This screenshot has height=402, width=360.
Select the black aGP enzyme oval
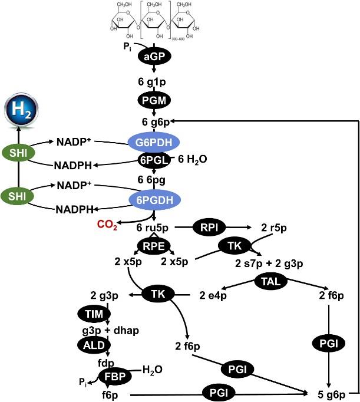pyautogui.click(x=154, y=56)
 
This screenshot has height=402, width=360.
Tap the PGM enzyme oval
pyautogui.click(x=154, y=101)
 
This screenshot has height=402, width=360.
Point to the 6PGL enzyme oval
pyautogui.click(x=154, y=160)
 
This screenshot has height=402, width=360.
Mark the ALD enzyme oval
pyautogui.click(x=90, y=344)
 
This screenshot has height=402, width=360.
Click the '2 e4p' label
pyautogui.click(x=213, y=295)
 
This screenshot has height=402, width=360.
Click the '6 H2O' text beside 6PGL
pyautogui.click(x=191, y=159)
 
